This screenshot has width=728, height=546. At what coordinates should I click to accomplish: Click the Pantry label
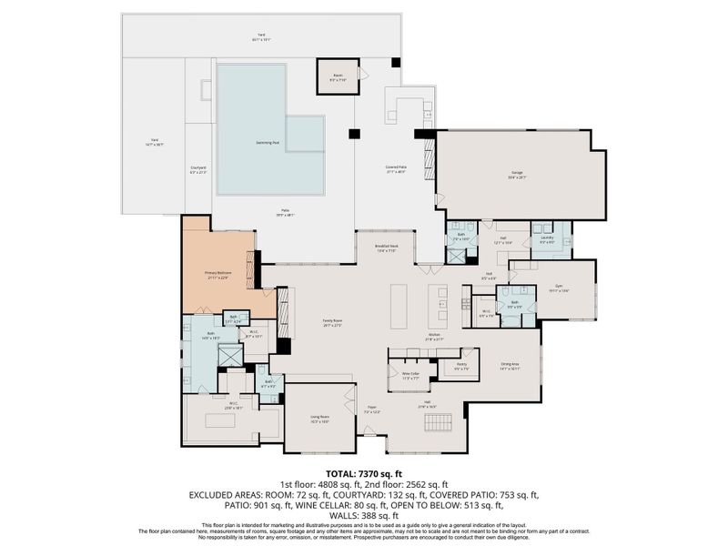[449, 368]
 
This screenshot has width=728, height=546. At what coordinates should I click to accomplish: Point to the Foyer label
[372, 411]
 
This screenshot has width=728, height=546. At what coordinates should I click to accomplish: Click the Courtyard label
[198, 170]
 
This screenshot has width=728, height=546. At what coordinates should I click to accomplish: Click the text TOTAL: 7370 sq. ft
[363, 474]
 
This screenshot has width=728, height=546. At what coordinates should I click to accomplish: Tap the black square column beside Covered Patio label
[353, 135]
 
